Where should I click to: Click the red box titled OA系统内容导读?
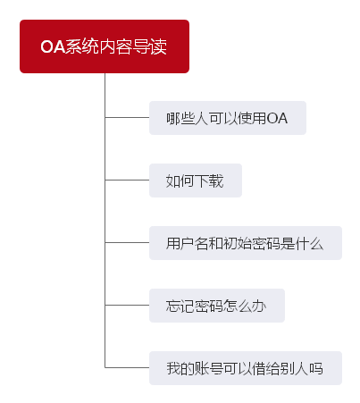click(105, 46)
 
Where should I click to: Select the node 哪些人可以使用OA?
click(228, 118)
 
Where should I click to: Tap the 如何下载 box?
click(196, 181)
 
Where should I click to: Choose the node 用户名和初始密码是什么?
click(246, 243)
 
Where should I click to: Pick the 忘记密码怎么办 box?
click(217, 306)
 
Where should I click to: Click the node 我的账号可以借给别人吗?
click(246, 368)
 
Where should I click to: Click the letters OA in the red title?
click(53, 46)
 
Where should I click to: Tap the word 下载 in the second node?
click(209, 181)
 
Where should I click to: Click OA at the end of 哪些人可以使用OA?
click(277, 118)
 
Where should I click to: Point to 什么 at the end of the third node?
click(309, 243)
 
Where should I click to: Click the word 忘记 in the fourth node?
click(180, 306)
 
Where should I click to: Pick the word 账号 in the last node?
click(209, 368)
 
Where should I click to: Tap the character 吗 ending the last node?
click(316, 368)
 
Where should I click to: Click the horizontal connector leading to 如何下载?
click(127, 180)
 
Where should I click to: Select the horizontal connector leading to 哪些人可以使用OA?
click(127, 117)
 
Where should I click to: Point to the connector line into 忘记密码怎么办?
click(127, 305)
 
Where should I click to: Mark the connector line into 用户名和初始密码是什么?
click(127, 242)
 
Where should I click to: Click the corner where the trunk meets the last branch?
click(105, 367)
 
